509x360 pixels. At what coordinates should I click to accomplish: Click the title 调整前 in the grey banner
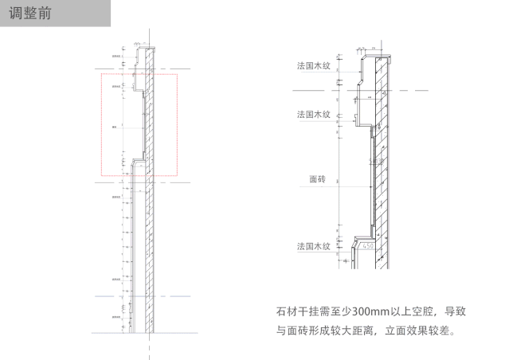coord(34,14)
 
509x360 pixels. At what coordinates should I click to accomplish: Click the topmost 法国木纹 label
coord(313,66)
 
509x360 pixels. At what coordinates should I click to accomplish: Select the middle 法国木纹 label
coord(313,115)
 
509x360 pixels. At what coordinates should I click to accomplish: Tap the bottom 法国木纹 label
coord(313,248)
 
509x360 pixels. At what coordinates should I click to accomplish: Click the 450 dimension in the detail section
coord(368,246)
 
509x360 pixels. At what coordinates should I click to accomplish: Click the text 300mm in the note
coord(382,310)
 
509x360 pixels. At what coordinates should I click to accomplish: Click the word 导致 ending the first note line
coord(454,310)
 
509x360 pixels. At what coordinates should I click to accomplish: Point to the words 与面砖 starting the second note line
coord(291,330)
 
